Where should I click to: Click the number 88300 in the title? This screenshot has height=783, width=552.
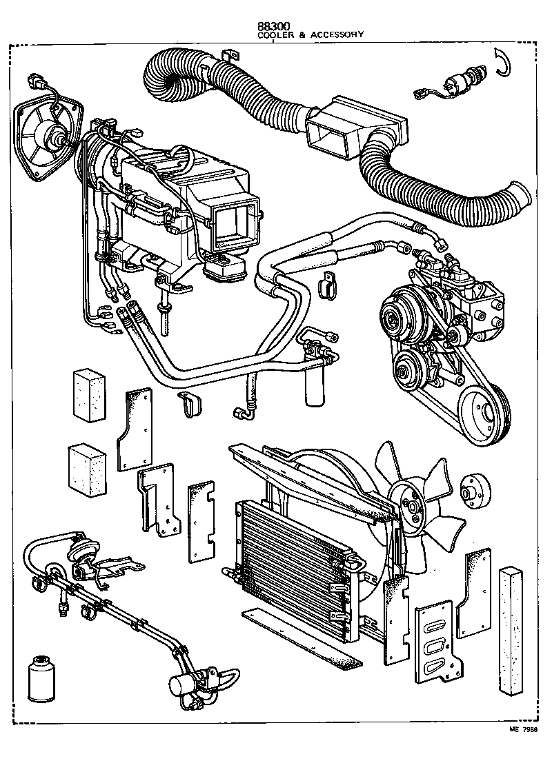pos(274,26)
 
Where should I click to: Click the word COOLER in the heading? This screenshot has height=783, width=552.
pos(273,34)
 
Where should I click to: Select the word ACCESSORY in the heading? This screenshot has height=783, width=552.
pos(337,34)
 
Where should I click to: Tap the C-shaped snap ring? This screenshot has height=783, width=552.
pos(502,63)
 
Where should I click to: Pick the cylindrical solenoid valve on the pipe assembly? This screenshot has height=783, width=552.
pos(183,687)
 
